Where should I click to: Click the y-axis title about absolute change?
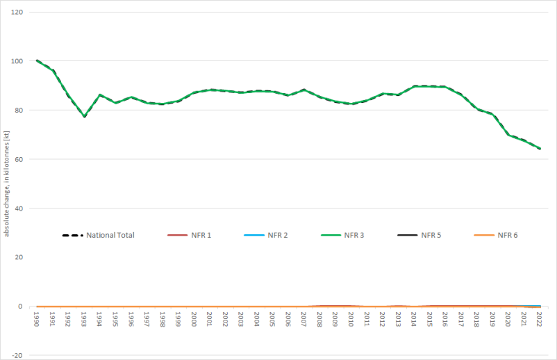coord(6,181)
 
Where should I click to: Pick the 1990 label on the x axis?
coord(37,319)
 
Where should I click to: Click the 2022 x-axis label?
coord(540,319)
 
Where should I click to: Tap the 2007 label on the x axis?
coord(304,319)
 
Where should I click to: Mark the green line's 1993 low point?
coord(84,116)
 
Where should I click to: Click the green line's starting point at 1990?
coord(37,60)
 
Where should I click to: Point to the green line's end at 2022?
coord(540,148)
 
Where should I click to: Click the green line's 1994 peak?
coord(100,95)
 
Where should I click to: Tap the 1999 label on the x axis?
coord(178,319)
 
